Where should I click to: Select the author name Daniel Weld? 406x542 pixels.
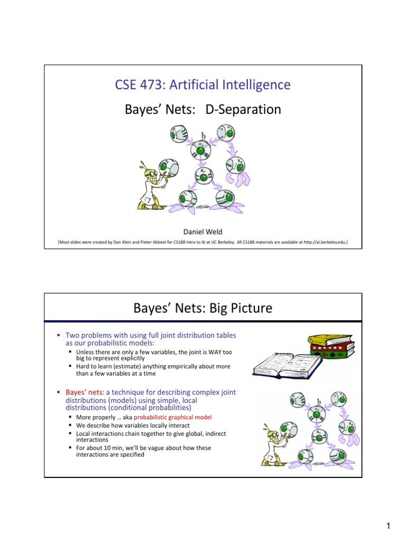203,232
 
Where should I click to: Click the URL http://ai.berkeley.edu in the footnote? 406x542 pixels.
321,242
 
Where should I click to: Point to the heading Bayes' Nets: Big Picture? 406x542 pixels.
203,308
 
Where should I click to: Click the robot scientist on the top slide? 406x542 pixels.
153,183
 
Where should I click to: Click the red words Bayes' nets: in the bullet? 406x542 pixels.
84,392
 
